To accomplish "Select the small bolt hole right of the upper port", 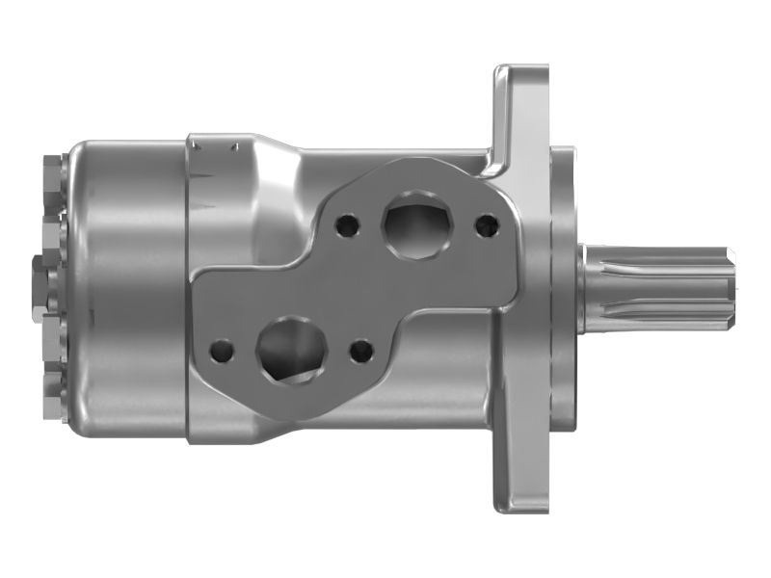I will [x=487, y=225].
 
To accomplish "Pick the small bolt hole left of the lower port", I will [x=222, y=350].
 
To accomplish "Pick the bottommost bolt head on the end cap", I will [x=53, y=395].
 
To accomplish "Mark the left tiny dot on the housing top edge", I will [x=196, y=146].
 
